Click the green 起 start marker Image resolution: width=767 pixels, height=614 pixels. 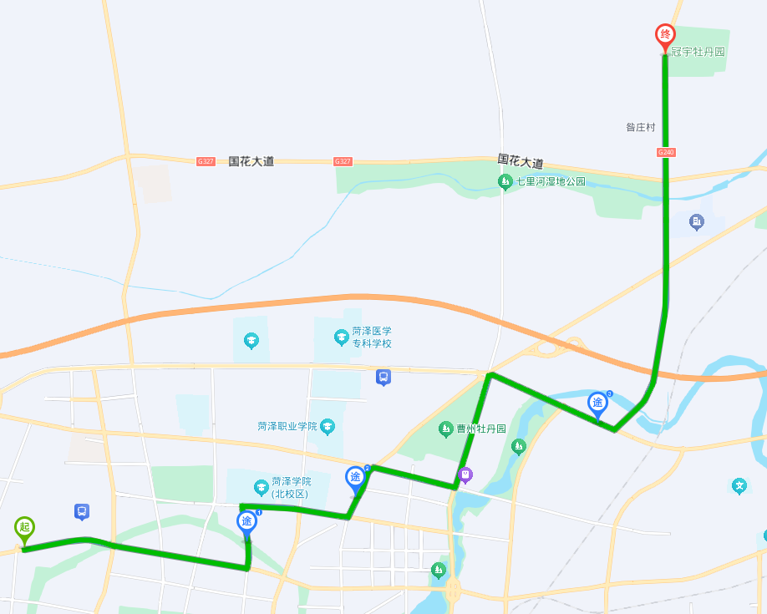[24, 528]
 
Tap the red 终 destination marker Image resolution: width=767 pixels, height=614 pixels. [665, 36]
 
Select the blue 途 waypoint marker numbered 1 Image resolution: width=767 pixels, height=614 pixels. [246, 522]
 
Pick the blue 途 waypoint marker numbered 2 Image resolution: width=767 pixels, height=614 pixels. [356, 478]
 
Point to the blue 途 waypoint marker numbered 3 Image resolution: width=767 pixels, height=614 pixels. [597, 403]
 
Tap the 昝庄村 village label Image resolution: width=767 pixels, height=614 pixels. [641, 127]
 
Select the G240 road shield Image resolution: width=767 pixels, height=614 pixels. [665, 152]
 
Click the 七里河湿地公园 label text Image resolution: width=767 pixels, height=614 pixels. [551, 181]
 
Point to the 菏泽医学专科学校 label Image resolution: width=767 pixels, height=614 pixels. [371, 337]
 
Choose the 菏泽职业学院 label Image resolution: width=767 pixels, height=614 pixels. [288, 426]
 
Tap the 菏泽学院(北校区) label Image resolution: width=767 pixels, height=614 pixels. [290, 488]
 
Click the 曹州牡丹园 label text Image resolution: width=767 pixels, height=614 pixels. [481, 429]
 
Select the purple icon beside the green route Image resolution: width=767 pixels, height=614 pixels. [465, 475]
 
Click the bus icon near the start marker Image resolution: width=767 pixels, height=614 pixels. [82, 510]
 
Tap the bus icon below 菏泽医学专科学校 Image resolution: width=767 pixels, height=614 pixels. [383, 377]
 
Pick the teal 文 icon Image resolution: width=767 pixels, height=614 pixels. [739, 485]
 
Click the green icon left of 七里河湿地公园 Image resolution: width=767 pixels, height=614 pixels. [505, 181]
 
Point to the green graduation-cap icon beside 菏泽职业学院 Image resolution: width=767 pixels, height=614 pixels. [328, 427]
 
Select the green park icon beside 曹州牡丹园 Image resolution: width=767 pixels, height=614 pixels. [446, 429]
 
